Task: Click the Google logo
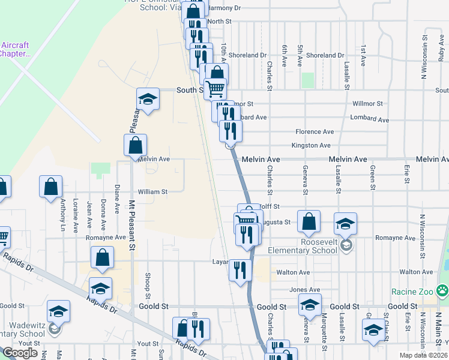tap(20, 353)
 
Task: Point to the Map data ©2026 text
tap(424, 355)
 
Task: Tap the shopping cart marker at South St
tap(215, 89)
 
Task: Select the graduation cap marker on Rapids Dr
tap(100, 288)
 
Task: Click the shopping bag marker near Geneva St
tap(309, 222)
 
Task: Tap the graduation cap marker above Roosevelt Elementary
tap(346, 223)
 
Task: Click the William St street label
tap(152, 191)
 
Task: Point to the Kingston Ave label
tap(311, 146)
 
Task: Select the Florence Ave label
tap(314, 131)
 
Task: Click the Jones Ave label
tap(301, 290)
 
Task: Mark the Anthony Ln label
tap(62, 215)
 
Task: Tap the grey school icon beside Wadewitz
tap(55, 328)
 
